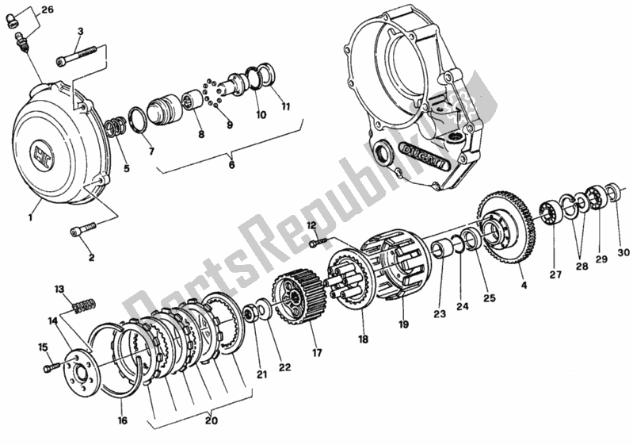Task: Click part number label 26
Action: coord(48,10)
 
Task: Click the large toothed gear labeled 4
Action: coord(507,229)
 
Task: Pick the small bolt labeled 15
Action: coord(51,367)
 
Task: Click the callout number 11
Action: coord(285,105)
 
